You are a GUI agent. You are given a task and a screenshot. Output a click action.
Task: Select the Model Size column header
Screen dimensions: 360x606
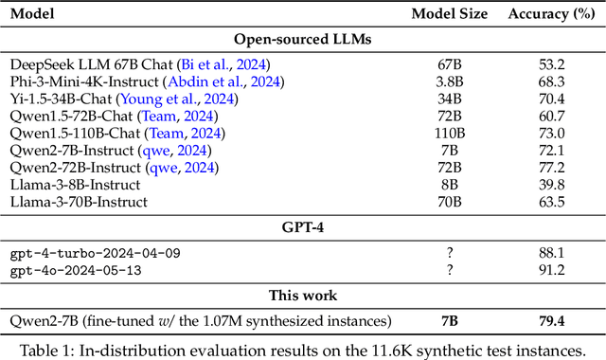coord(449,14)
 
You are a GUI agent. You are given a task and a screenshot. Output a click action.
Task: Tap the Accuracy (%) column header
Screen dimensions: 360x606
coord(550,14)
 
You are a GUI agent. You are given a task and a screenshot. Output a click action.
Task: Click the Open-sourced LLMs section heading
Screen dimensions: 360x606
coord(302,40)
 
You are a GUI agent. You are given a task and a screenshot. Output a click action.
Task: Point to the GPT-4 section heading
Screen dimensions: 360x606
coord(302,229)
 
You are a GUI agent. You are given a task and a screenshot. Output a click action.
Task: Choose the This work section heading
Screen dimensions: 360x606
coord(302,295)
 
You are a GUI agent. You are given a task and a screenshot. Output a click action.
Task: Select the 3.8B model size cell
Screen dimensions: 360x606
coord(449,81)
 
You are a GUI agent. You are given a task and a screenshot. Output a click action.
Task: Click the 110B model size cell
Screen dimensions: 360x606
coord(449,133)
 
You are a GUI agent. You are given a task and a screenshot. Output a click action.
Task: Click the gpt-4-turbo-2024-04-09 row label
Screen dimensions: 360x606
coord(95,253)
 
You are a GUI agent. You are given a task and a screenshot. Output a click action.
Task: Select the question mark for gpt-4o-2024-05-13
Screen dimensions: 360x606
coord(449,270)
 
